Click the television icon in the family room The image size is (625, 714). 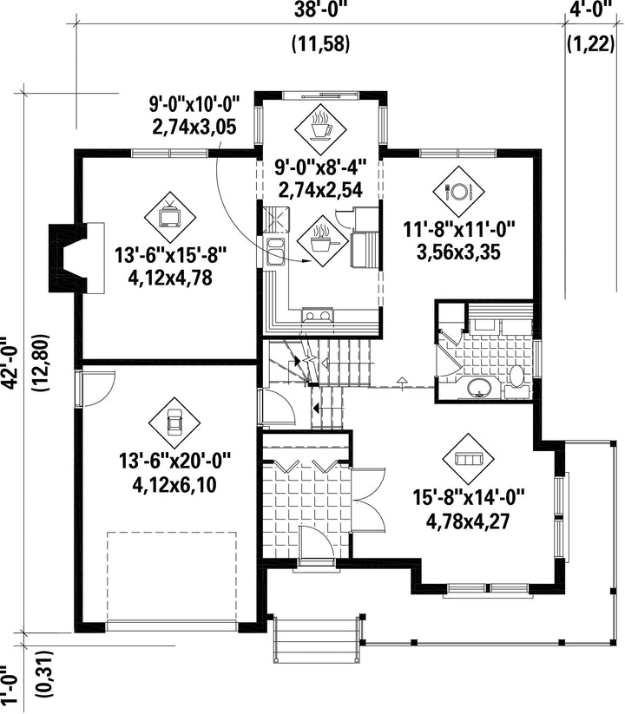coord(170,217)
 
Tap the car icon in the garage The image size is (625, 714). coord(174,423)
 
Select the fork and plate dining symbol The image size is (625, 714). coord(458,191)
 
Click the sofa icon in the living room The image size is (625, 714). coord(468,459)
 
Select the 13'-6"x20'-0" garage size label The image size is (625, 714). coord(175,461)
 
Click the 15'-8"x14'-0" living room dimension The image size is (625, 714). coord(470,496)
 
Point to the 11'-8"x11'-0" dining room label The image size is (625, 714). coord(459,228)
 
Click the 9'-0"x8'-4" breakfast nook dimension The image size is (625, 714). coord(320,167)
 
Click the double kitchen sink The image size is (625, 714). coord(275,251)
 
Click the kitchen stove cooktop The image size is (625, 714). coord(317,315)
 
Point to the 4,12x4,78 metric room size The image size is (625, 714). coord(170,278)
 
